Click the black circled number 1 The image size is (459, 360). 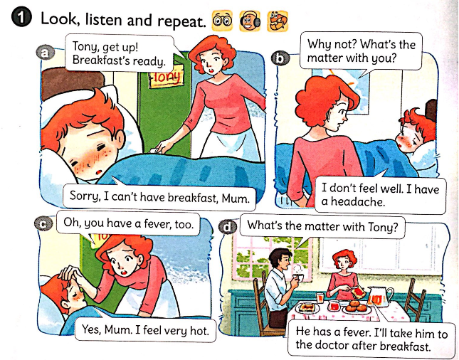click(x=21, y=18)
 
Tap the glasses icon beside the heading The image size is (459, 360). click(x=222, y=20)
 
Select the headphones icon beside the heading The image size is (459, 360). click(x=250, y=21)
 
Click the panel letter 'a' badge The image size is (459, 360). click(x=45, y=53)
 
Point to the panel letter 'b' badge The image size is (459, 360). click(x=280, y=58)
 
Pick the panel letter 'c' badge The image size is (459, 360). click(x=43, y=224)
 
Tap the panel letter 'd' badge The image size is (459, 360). click(x=227, y=227)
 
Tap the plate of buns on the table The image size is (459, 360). click(x=356, y=307)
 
